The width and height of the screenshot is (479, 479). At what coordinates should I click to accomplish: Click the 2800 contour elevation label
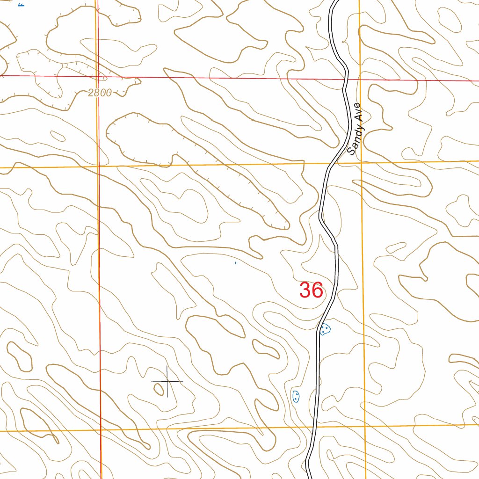click(100, 93)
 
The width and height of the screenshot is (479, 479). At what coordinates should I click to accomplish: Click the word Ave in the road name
click(359, 113)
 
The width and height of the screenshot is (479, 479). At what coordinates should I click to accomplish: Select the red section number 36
click(312, 290)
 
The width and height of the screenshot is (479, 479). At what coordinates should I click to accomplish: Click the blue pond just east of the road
click(325, 329)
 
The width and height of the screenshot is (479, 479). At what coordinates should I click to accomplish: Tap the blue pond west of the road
click(296, 397)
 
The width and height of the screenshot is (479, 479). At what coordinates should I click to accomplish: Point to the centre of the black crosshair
click(167, 382)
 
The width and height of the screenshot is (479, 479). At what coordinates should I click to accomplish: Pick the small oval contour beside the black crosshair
click(160, 388)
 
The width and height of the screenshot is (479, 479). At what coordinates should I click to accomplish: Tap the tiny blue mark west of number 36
click(236, 264)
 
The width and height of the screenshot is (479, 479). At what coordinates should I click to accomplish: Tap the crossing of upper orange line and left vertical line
click(98, 166)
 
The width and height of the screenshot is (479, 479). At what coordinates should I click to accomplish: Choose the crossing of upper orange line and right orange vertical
click(362, 162)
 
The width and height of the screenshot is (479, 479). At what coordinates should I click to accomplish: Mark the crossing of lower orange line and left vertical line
click(101, 429)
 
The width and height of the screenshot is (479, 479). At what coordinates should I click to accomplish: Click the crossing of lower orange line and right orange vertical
click(365, 426)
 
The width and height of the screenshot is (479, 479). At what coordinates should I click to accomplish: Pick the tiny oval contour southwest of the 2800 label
click(58, 136)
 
